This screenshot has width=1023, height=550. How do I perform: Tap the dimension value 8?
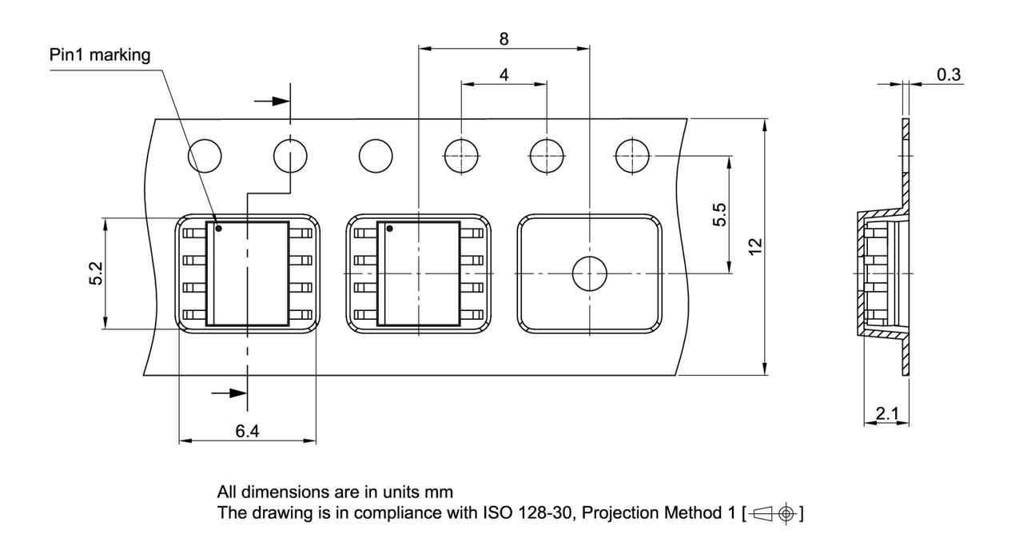504,38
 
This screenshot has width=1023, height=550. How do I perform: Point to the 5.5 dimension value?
719,215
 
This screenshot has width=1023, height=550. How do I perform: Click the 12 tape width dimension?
754,246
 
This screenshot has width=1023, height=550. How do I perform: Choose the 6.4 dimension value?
247,431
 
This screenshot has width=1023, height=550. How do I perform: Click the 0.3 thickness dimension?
949,74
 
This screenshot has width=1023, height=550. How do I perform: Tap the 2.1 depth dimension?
886,413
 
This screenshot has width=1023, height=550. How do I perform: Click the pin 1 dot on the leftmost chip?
218,229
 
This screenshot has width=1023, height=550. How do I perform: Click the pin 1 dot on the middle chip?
389,229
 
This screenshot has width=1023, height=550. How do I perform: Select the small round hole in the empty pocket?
590,274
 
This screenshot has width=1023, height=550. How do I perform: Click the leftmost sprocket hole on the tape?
205,154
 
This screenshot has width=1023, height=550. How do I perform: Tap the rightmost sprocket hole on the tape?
633,154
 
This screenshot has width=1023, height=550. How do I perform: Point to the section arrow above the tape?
271,102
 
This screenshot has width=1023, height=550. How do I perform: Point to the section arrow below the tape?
229,393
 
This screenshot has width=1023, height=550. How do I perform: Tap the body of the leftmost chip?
248,274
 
